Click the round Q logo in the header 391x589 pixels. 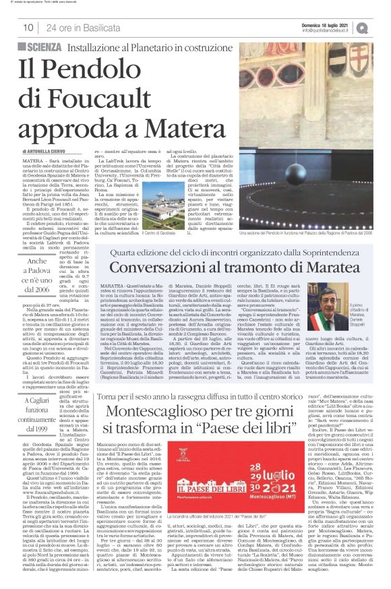coord(382,27)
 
